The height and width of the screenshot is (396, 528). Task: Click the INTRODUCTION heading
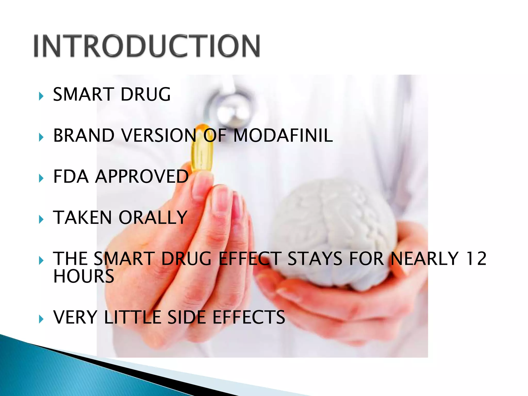pos(147,46)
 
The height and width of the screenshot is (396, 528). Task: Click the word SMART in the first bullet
pos(84,94)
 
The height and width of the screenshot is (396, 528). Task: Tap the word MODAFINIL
pos(283,136)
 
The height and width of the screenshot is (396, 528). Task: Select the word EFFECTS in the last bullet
pos(249,317)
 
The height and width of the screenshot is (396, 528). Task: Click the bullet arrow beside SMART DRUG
pos(41,96)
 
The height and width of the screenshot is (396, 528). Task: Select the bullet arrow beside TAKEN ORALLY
pos(41,220)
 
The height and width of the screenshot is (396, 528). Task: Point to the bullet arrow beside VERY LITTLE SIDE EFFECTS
pos(41,319)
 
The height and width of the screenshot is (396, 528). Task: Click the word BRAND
pos(84,136)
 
